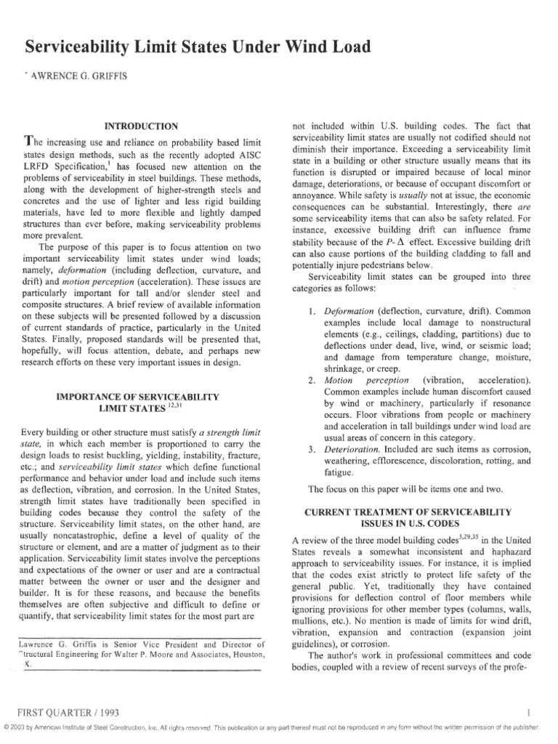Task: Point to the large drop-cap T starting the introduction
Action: (x=30, y=142)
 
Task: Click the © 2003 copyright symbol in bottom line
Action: (x=7, y=728)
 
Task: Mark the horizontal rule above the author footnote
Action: (x=146, y=636)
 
